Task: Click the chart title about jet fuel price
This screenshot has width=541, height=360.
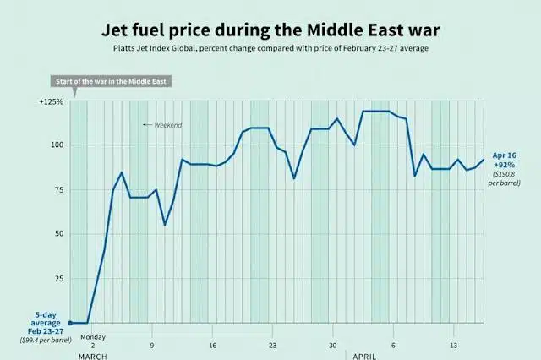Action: (270, 30)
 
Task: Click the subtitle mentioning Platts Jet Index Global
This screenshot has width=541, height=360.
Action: (270, 49)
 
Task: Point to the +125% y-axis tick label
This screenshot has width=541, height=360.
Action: (52, 101)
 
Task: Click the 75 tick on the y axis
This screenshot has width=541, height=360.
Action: (57, 189)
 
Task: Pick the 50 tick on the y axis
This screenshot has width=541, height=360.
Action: (57, 233)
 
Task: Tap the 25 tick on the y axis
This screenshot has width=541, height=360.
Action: (57, 278)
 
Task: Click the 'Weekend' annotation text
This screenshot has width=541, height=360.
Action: (167, 125)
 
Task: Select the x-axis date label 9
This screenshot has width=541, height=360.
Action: (152, 345)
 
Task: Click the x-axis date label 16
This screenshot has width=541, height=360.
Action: (213, 345)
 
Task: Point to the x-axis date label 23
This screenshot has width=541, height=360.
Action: (273, 345)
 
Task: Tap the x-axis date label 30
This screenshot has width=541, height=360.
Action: (333, 345)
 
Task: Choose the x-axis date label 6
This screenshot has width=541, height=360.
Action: (393, 345)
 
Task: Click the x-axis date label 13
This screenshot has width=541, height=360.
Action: (454, 345)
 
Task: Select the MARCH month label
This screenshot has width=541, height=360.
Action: (93, 356)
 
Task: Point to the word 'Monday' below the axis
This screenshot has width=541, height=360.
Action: (93, 335)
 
